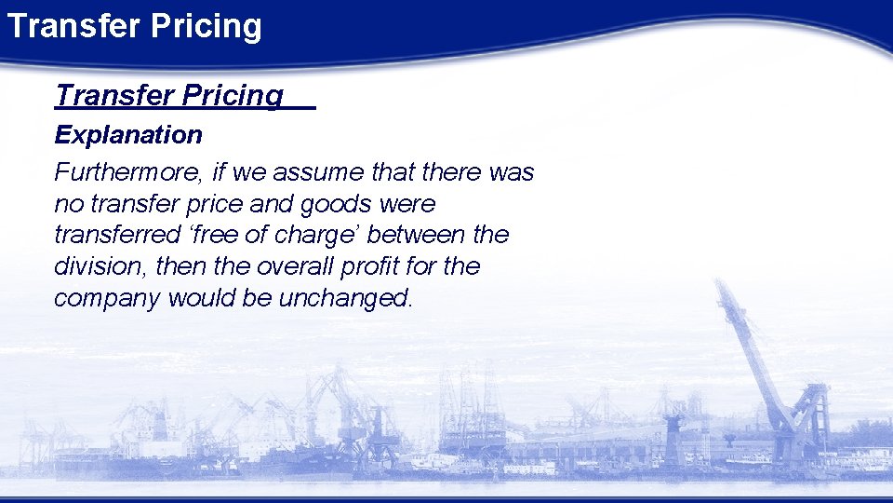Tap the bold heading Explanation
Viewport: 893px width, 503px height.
coord(128,135)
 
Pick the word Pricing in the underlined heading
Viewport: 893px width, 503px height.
coord(233,95)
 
